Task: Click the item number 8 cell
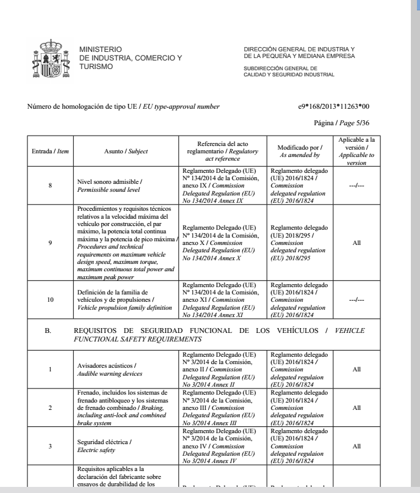pyautogui.click(x=50, y=182)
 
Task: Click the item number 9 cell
pyautogui.click(x=50, y=243)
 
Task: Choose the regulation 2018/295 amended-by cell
pyautogui.click(x=300, y=243)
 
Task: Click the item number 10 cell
pyautogui.click(x=50, y=301)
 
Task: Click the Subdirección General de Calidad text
pyautogui.click(x=289, y=71)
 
